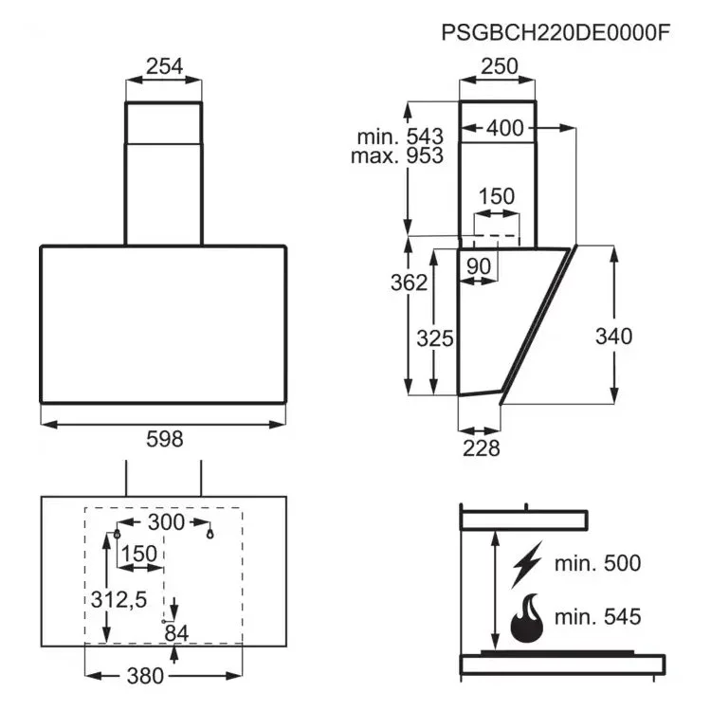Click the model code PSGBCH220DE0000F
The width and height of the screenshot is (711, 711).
pos(556,33)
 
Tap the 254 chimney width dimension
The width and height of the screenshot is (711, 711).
pos(164,66)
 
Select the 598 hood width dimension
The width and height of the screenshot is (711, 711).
pos(165,439)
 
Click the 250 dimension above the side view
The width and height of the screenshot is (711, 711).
pos(500,66)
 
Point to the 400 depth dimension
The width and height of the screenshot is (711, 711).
pos(505,128)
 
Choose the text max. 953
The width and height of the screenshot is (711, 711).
pos(397,155)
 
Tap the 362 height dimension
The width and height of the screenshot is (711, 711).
pos(409,283)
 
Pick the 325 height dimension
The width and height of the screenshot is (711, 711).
pos(435,338)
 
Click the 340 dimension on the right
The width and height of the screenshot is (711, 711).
pos(613,336)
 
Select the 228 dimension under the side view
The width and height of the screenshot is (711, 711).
pos(481,448)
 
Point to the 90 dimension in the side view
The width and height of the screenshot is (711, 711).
pos(479,266)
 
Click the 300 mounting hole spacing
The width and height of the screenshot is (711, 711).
pos(166,522)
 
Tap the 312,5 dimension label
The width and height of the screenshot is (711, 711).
pos(118,599)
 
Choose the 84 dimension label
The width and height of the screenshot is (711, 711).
pos(176,633)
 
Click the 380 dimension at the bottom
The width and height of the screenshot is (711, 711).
pos(145,676)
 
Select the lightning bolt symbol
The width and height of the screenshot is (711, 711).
pos(527,564)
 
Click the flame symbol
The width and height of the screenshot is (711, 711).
pos(527,618)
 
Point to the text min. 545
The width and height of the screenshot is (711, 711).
pos(597,617)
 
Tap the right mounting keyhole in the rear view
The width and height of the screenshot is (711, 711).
pos(210,534)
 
